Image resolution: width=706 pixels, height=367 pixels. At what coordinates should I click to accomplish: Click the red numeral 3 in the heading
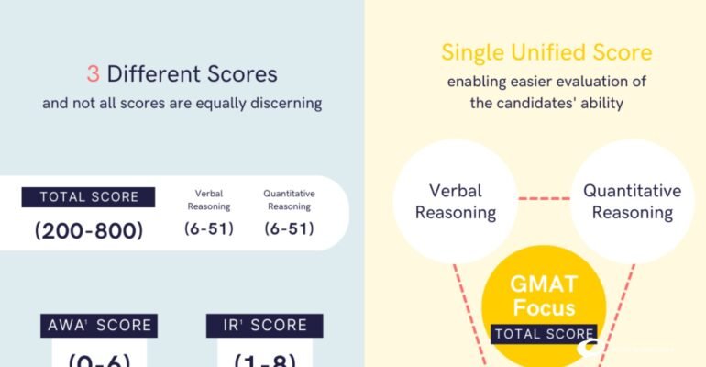click(94, 73)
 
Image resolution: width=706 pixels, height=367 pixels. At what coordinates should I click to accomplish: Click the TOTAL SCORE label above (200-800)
click(88, 196)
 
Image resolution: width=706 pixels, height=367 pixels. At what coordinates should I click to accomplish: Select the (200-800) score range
click(89, 230)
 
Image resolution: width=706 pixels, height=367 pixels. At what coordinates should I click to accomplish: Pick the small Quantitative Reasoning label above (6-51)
click(289, 199)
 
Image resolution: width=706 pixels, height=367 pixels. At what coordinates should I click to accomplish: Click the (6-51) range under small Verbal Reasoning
click(210, 228)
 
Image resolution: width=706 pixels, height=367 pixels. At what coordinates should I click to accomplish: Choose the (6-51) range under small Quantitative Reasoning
click(289, 228)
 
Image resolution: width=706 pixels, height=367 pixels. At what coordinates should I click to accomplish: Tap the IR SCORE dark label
click(264, 326)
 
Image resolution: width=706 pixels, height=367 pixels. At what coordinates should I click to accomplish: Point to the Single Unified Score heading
click(546, 51)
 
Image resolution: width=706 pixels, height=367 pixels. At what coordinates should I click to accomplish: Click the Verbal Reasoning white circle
click(455, 202)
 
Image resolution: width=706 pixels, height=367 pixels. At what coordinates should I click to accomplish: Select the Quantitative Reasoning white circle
click(632, 202)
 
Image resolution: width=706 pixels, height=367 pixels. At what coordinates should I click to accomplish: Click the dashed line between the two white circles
click(544, 199)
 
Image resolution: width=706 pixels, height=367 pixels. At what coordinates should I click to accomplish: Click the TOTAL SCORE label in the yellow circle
click(545, 334)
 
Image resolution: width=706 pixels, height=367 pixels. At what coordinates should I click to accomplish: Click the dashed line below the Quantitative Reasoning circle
click(623, 303)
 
